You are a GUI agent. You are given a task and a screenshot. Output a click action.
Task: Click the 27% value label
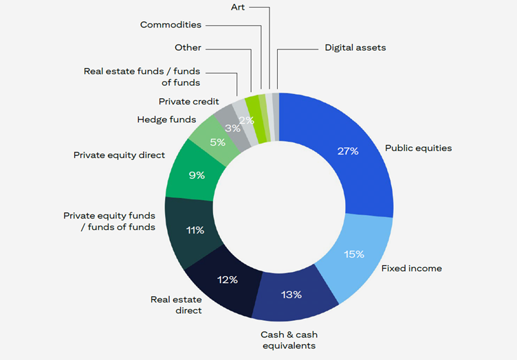point(348,150)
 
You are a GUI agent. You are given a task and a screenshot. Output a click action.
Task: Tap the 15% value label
point(354,254)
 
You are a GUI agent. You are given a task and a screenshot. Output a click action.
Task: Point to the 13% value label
point(291,295)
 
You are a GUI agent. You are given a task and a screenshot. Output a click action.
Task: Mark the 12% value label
point(228,280)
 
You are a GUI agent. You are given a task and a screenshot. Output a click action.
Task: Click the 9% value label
point(197,175)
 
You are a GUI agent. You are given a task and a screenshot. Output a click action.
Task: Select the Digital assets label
point(355,48)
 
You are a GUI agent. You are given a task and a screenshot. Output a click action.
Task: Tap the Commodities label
point(170,25)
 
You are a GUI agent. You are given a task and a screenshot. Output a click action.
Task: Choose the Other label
point(188,48)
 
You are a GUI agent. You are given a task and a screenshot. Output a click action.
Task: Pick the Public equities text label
point(418,148)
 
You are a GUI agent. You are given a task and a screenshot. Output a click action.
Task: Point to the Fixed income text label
point(412,268)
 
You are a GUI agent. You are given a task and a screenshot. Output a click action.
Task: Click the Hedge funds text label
point(166,120)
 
